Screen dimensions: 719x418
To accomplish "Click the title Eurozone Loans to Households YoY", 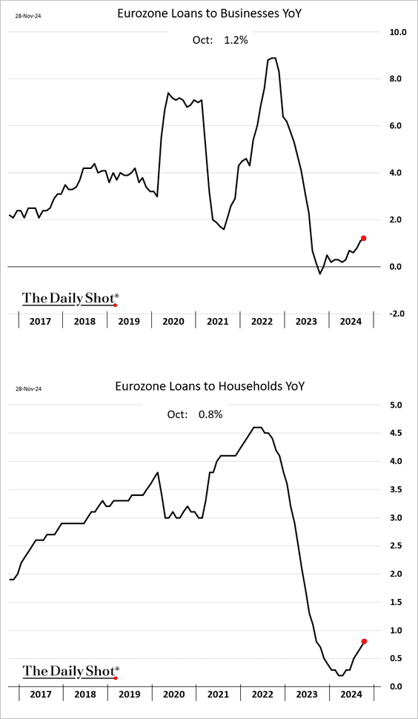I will [209, 386].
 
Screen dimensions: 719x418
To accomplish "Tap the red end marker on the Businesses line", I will [363, 238].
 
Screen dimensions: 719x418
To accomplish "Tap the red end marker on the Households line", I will [363, 641].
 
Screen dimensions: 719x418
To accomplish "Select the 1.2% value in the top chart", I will [235, 40].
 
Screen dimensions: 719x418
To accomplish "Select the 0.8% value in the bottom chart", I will [210, 414].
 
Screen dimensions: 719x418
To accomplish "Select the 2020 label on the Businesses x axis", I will [173, 321].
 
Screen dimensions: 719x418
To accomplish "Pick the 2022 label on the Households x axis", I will [262, 695].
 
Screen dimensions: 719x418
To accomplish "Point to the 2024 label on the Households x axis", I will [351, 695].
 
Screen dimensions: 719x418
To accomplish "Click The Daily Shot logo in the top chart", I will [70, 299].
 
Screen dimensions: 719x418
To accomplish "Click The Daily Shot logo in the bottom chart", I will [70, 672].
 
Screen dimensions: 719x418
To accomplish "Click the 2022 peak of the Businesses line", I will [273, 58].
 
